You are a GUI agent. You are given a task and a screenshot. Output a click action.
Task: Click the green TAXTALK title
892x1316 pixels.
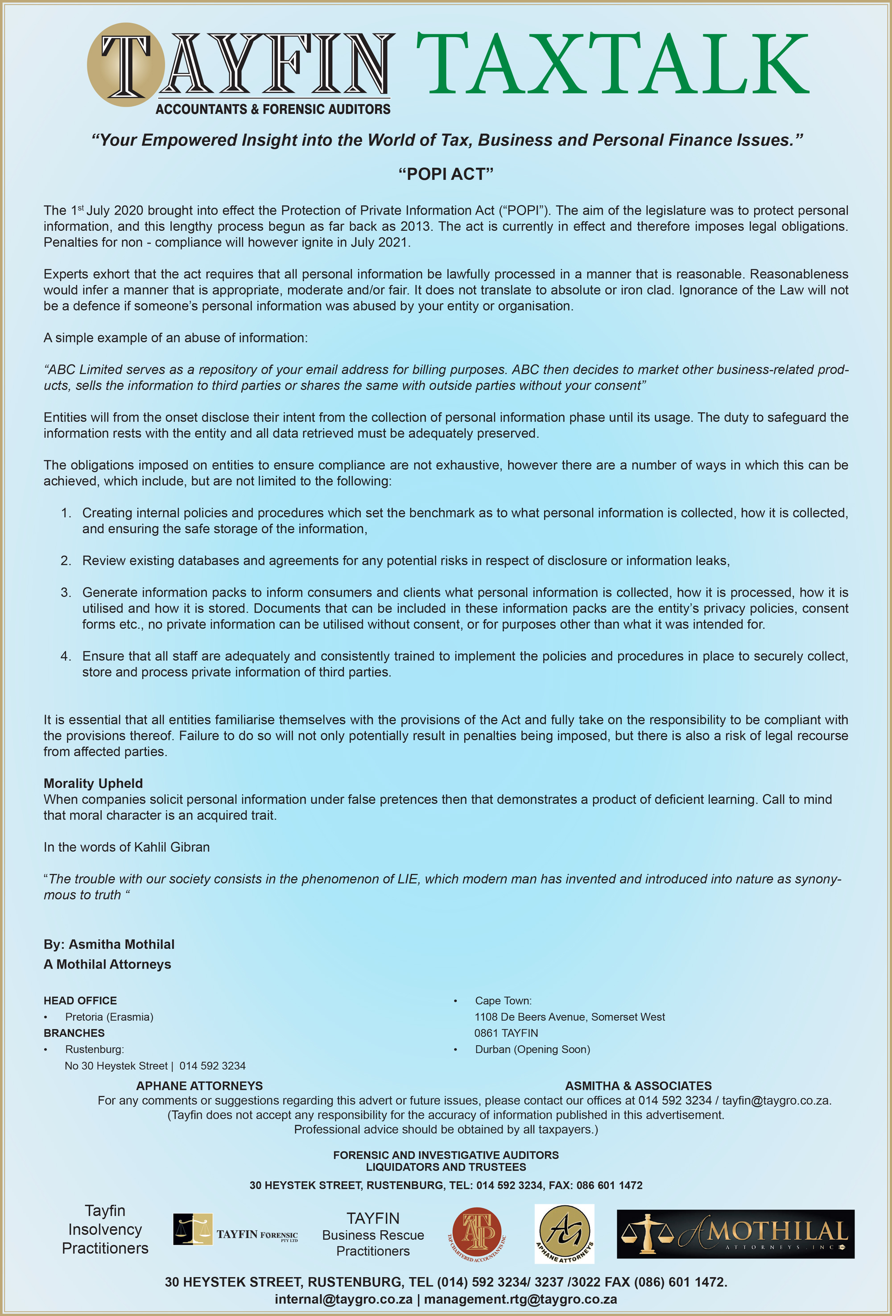[x=612, y=63]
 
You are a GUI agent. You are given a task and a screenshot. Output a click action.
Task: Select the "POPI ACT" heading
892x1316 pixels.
[x=446, y=174]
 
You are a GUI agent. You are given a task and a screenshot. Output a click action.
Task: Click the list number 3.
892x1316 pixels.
[x=66, y=592]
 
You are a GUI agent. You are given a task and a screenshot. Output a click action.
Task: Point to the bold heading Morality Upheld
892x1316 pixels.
[x=93, y=783]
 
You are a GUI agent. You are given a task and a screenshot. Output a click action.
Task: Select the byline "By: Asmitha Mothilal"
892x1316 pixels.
[x=109, y=944]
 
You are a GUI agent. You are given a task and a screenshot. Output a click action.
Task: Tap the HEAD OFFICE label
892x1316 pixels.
[x=80, y=1001]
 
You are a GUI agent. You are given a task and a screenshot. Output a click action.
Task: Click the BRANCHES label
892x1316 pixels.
[x=74, y=1033]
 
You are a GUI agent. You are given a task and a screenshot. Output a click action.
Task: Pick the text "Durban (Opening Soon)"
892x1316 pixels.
[x=532, y=1049]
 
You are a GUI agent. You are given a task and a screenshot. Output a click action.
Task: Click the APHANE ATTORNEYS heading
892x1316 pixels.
[x=199, y=1085]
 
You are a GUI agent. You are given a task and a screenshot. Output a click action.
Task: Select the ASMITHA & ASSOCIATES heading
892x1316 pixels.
[x=638, y=1085]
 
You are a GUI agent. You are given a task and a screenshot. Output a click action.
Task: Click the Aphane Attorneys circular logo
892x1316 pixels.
[x=564, y=1233]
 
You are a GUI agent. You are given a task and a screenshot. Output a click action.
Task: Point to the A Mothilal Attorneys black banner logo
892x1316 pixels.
[x=735, y=1234]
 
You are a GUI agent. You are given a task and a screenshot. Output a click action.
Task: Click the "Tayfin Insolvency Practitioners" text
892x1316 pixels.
[x=105, y=1229]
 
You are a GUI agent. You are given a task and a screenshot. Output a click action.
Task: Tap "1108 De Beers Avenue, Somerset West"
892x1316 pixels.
[x=570, y=1017]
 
